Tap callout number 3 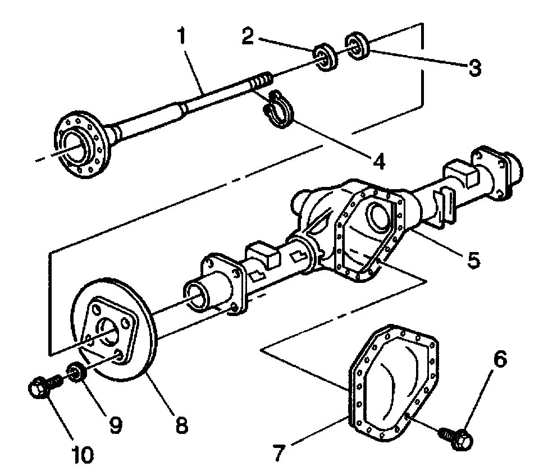point(474,67)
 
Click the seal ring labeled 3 point(356,45)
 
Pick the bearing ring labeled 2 point(325,56)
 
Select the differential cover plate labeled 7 point(393,382)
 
